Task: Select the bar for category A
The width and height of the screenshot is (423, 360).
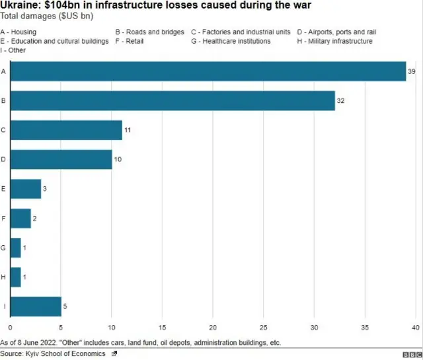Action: pos(208,71)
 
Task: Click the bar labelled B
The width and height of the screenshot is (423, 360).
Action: pos(173,100)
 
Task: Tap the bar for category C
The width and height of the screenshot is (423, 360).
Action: pos(66,130)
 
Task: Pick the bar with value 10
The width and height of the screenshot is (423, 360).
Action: pos(61,159)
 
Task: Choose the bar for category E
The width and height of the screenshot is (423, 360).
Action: pos(26,189)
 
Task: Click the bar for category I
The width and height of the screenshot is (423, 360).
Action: pos(36,307)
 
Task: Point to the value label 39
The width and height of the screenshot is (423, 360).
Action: pos(412,71)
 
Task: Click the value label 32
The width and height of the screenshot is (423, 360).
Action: pos(342,100)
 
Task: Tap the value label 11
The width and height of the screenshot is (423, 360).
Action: pos(128,130)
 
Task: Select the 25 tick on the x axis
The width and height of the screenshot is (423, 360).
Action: pos(264,328)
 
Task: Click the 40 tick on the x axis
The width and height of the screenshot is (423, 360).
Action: pos(416,328)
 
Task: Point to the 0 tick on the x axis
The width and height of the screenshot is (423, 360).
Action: pos(11,328)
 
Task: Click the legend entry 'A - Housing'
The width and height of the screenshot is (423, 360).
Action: pos(19,32)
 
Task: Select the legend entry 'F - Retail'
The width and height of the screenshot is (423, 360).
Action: pos(130,41)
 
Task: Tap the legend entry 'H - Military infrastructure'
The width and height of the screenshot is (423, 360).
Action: pos(334,41)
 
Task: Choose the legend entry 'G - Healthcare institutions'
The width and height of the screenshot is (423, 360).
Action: pos(231,41)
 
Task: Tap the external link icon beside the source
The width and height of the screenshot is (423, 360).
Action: pos(114,354)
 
